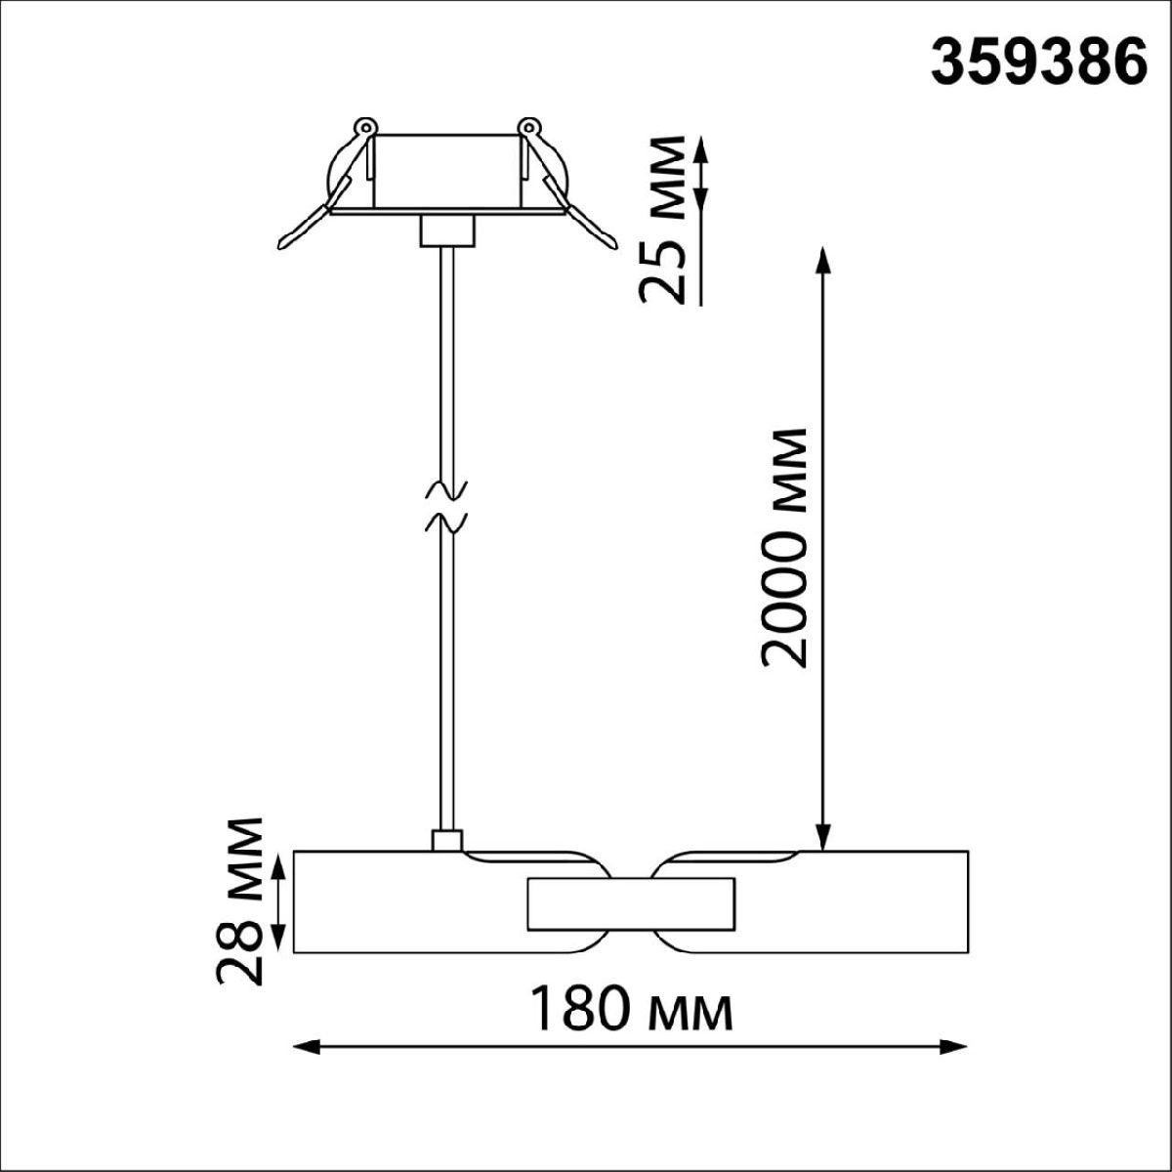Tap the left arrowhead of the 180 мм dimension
(x=307, y=1047)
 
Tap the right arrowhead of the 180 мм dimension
(x=953, y=1047)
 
